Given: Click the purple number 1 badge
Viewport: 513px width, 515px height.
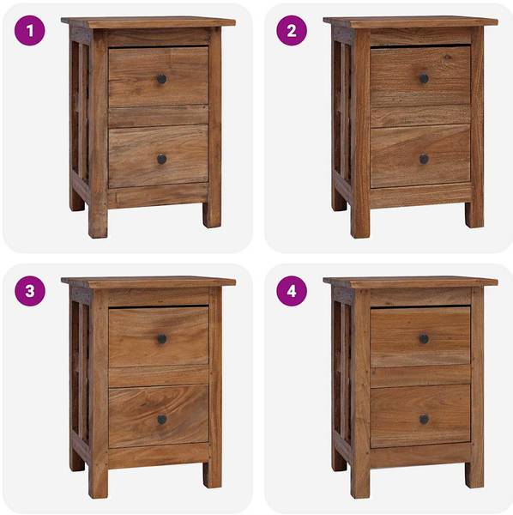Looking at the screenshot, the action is point(29,31).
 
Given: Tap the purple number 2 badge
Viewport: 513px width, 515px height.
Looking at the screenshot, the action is point(292,31).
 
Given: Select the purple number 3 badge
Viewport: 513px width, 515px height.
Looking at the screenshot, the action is point(29,291).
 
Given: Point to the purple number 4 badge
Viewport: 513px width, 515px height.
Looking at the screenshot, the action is point(292,291).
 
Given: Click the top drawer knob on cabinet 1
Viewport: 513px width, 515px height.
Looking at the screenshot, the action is point(161,79).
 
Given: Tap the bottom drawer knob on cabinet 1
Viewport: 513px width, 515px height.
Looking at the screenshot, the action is point(161,160).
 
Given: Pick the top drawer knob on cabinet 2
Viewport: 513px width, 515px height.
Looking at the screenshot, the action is point(424,78).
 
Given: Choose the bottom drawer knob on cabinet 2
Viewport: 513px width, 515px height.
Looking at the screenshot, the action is point(424,160).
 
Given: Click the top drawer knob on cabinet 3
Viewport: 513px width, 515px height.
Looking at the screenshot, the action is point(161,339).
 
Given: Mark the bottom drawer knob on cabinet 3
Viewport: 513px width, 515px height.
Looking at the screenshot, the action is point(161,420).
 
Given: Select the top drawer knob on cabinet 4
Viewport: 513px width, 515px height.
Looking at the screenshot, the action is point(424,339).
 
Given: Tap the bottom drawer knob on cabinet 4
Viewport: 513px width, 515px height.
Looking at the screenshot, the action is point(424,420).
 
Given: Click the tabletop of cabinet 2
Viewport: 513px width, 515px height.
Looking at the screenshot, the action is point(410,21).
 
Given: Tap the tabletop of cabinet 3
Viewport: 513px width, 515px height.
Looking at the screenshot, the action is point(148,282).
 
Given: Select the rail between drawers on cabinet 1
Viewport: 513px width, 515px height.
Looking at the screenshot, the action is point(158,116).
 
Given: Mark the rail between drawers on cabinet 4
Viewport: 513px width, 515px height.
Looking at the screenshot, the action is point(420,376).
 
